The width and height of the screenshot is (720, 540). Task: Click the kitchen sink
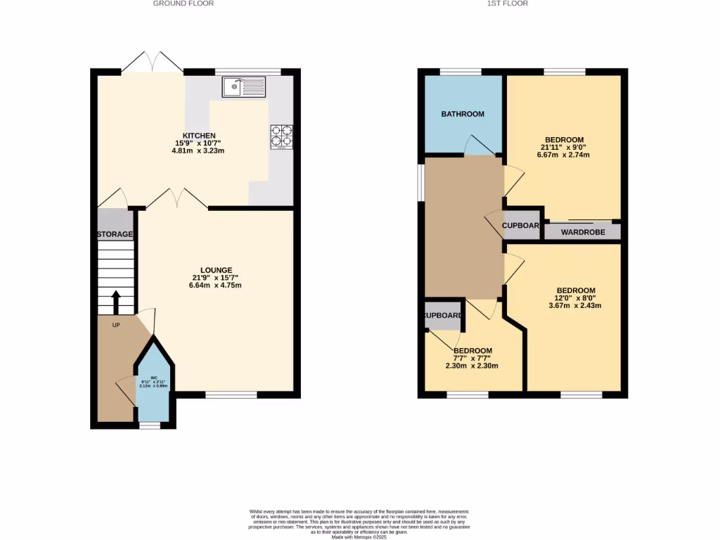click(x=244, y=87)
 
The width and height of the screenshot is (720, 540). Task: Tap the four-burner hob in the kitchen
click(x=281, y=137)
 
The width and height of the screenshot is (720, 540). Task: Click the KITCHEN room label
click(x=199, y=136)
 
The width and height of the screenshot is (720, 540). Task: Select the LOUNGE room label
click(x=216, y=270)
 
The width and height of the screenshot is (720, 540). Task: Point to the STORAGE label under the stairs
click(x=115, y=234)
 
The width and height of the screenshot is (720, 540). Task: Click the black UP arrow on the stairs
click(x=116, y=302)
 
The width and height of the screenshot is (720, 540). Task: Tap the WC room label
click(x=153, y=378)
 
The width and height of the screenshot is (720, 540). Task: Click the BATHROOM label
click(x=463, y=114)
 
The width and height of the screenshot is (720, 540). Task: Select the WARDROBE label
click(x=583, y=232)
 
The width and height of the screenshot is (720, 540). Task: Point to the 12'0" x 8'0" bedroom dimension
click(x=576, y=298)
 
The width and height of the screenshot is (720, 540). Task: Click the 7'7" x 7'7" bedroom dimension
click(x=472, y=358)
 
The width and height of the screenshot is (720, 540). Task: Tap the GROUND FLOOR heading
click(x=184, y=4)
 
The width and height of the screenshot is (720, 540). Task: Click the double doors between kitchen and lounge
click(x=177, y=199)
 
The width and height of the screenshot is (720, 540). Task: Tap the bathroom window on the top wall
click(x=461, y=71)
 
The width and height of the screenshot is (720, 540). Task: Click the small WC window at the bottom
click(x=149, y=425)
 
